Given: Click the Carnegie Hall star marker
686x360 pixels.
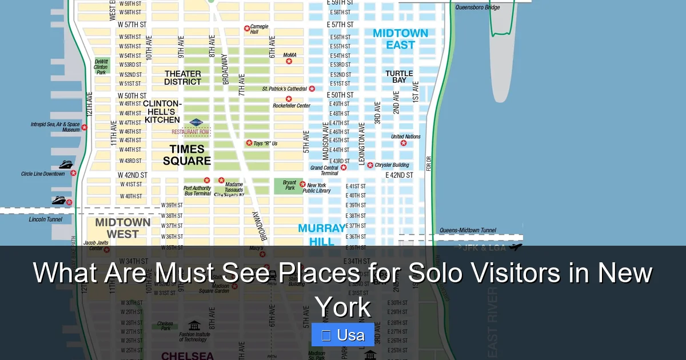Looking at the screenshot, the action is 247,28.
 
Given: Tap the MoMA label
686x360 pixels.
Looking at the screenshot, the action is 290,55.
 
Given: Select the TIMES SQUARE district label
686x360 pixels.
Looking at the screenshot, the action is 187,155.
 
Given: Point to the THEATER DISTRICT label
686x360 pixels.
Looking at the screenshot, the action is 183,78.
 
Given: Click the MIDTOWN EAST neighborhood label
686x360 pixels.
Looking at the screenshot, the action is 400,39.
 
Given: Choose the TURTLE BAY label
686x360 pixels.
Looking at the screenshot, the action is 399,77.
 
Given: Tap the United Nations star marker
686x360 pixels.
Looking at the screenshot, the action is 404,143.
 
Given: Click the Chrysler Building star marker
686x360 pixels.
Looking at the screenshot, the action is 370,165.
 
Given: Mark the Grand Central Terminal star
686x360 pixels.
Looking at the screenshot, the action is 344,167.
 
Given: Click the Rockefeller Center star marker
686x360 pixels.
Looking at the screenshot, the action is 289,99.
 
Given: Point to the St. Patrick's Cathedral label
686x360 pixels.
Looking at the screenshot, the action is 284,89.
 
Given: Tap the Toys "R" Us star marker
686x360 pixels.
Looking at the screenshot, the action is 249,143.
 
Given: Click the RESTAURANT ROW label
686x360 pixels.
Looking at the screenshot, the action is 190,132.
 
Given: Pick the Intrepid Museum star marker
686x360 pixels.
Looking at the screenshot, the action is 85,127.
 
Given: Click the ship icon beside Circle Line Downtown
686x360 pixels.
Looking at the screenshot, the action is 66,165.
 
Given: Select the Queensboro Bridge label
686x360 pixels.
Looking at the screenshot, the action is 477,7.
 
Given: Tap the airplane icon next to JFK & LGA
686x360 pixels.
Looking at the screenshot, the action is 516,247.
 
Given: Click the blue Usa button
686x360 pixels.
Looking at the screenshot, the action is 343,335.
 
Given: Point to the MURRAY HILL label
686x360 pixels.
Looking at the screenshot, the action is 321,235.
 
